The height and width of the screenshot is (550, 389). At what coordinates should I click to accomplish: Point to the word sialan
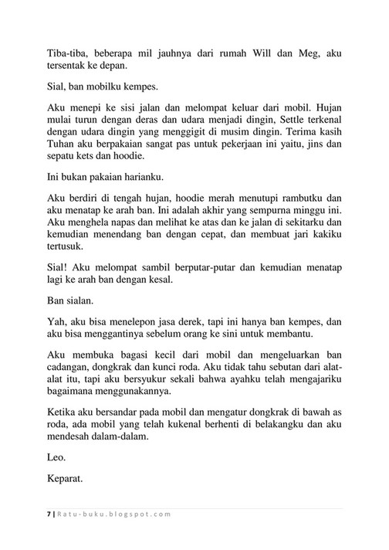click(81, 324)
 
